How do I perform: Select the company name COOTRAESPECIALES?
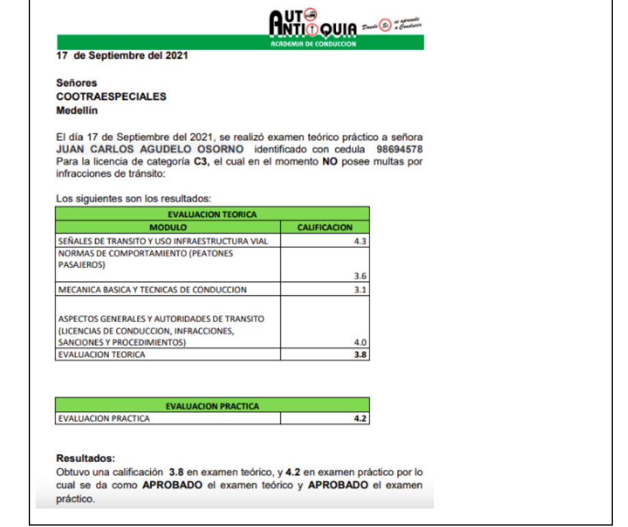coord(111,97)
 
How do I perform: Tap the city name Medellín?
coord(77,110)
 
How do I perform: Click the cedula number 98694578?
coord(400,149)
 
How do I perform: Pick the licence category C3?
coord(202,161)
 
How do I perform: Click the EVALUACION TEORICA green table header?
coord(213,215)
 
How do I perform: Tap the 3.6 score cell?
coord(361,275)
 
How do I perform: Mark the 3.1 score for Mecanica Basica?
coord(361,290)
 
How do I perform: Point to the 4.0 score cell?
coord(361,342)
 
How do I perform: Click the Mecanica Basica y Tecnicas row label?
coord(152,290)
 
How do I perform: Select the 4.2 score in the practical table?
coord(361,418)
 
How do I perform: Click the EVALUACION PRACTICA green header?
coord(213,406)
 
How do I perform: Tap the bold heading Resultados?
coord(86,458)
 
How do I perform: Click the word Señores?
coord(76,83)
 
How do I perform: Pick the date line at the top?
coord(122,56)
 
